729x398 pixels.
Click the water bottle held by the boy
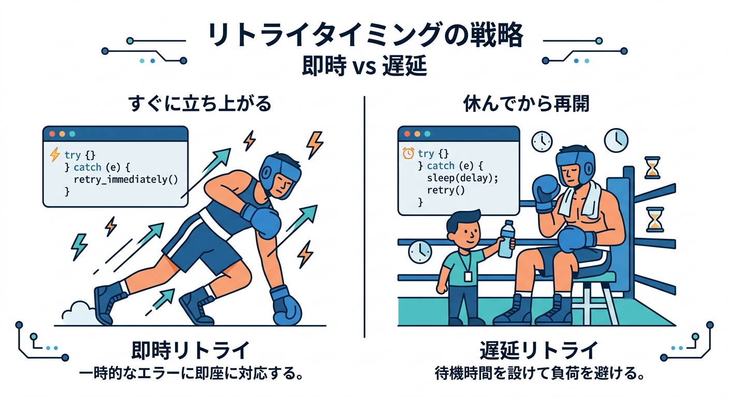click(506, 239)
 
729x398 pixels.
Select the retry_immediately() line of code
click(126, 179)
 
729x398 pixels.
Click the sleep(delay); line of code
click(462, 178)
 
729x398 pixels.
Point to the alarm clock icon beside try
click(408, 153)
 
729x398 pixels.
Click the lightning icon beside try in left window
click(55, 154)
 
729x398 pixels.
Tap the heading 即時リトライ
click(191, 350)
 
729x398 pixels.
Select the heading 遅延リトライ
click(539, 350)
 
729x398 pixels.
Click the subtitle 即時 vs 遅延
click(364, 66)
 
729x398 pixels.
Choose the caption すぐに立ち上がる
click(200, 104)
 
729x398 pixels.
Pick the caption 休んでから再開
click(526, 104)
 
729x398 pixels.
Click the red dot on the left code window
click(52, 134)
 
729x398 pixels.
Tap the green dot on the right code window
click(427, 134)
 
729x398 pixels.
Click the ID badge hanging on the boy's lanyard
click(468, 277)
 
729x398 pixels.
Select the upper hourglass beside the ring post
click(652, 167)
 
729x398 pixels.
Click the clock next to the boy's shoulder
click(420, 252)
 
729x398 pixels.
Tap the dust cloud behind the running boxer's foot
click(79, 314)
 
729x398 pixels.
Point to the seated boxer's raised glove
click(545, 193)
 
